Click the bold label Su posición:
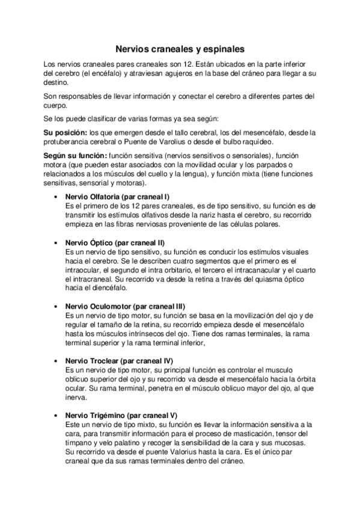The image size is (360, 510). click(x=66, y=132)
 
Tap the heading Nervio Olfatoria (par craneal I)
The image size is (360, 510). click(x=117, y=197)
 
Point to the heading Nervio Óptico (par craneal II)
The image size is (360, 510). click(x=114, y=242)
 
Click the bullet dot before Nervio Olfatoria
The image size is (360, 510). click(x=55, y=197)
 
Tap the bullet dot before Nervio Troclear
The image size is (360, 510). click(x=55, y=360)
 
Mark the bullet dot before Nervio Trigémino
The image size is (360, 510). click(x=55, y=415)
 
